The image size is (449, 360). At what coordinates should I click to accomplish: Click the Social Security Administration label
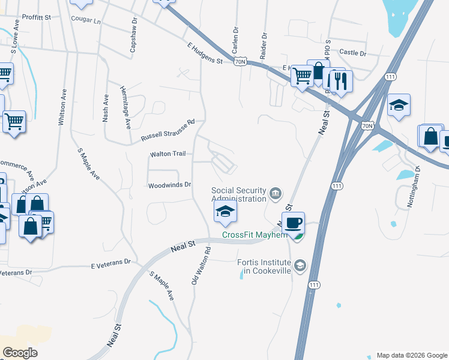pos(238,194)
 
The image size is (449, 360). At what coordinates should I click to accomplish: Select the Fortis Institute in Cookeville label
pos(264,266)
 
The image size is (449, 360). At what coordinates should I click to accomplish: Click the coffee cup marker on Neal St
pos(293,223)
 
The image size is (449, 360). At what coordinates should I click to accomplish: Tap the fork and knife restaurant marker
pos(341,81)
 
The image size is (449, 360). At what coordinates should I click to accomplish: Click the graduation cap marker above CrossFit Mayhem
pos(224,211)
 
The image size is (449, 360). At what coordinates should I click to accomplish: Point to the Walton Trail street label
pos(167,154)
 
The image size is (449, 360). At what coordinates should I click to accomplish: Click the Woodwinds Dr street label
pos(169,185)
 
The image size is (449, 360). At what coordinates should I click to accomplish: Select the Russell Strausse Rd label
pos(168,130)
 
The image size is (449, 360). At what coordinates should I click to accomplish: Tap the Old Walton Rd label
pos(201,265)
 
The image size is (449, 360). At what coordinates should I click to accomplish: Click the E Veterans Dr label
pos(110,263)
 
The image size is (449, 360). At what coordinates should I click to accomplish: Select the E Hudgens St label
pos(205,53)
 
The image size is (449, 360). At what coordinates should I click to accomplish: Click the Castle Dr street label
pos(352,53)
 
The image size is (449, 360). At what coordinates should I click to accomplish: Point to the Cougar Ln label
pos(86,20)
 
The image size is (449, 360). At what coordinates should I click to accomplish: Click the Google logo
pos(20,352)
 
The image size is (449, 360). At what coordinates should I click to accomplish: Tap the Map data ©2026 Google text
pos(411,355)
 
